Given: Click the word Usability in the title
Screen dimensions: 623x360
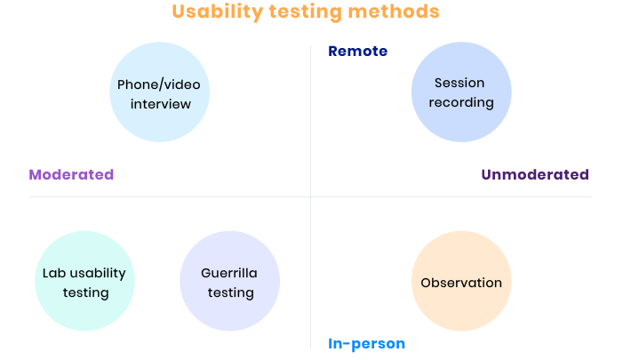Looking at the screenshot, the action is (218, 12).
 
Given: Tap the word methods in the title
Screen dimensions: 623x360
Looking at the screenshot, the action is (394, 12).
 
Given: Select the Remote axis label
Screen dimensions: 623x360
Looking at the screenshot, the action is (357, 52).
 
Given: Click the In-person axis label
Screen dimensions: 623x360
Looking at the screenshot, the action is (366, 344).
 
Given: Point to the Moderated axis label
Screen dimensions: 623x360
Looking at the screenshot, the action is (71, 174).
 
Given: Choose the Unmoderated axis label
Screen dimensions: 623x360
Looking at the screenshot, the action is (535, 174).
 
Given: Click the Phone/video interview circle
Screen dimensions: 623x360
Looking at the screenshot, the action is (160, 92).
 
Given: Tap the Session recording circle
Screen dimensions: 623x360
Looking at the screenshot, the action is (461, 92).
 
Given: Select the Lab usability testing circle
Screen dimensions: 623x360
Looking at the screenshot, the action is (85, 281).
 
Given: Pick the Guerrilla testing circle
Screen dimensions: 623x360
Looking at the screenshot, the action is (230, 281).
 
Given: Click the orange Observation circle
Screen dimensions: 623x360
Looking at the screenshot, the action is (461, 281).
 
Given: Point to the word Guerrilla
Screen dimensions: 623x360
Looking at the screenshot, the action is (229, 273).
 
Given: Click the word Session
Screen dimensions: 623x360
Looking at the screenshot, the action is (459, 83).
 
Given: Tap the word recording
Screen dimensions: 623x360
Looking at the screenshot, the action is (461, 102).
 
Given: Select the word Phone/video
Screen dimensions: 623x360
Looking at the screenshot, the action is (159, 84).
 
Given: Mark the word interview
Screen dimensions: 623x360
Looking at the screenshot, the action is (161, 104).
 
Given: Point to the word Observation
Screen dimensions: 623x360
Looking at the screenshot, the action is (461, 283).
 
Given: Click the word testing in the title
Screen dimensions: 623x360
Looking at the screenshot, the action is (305, 12).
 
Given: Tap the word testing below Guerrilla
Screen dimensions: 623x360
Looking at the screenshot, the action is (231, 292).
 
